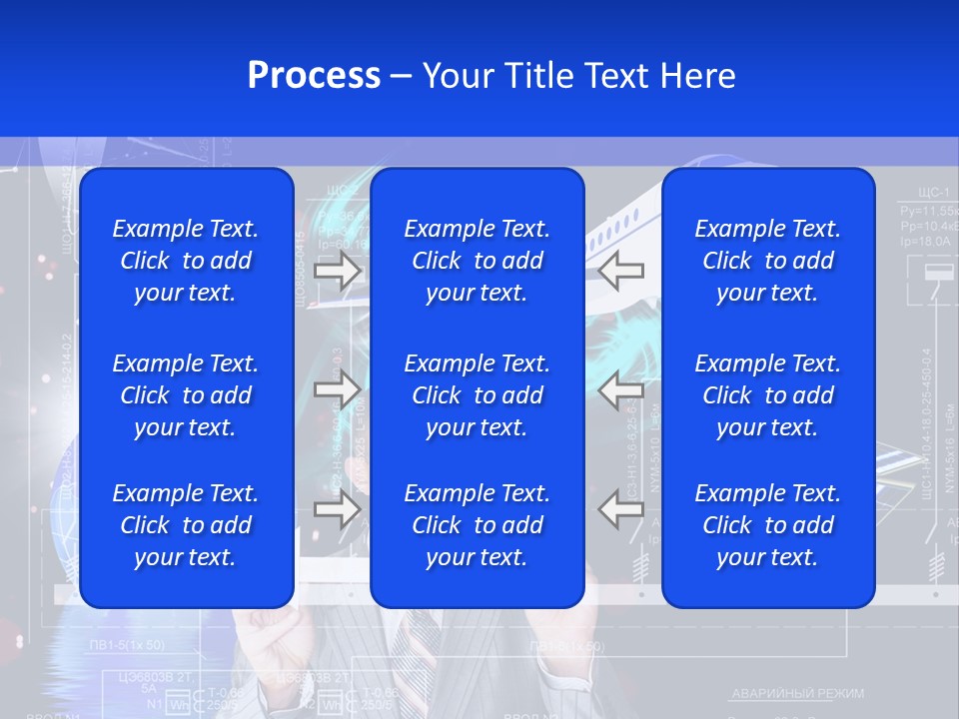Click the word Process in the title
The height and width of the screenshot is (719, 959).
pos(314,76)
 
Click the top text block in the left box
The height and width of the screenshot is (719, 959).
pos(186,261)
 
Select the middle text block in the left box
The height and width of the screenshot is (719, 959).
pos(186,395)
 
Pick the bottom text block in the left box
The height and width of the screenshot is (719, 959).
pos(186,525)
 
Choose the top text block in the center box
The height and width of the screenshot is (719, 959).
pos(478,261)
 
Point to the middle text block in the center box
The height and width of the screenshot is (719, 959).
pos(478,395)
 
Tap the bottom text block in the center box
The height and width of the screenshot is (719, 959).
pos(478,525)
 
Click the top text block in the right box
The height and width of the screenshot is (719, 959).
pos(768,261)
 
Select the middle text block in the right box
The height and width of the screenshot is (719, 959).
pos(768,395)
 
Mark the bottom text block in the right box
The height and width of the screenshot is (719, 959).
pos(768,525)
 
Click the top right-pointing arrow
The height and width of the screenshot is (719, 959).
pos(337,271)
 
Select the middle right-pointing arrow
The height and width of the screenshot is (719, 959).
pos(337,389)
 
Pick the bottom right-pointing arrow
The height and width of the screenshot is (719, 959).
pos(337,509)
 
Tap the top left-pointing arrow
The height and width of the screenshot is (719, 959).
pos(621,271)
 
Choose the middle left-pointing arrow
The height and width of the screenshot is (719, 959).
pos(621,389)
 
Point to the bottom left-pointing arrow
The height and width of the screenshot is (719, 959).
pos(621,509)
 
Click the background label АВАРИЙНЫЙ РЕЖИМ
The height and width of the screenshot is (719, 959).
pos(798,693)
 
